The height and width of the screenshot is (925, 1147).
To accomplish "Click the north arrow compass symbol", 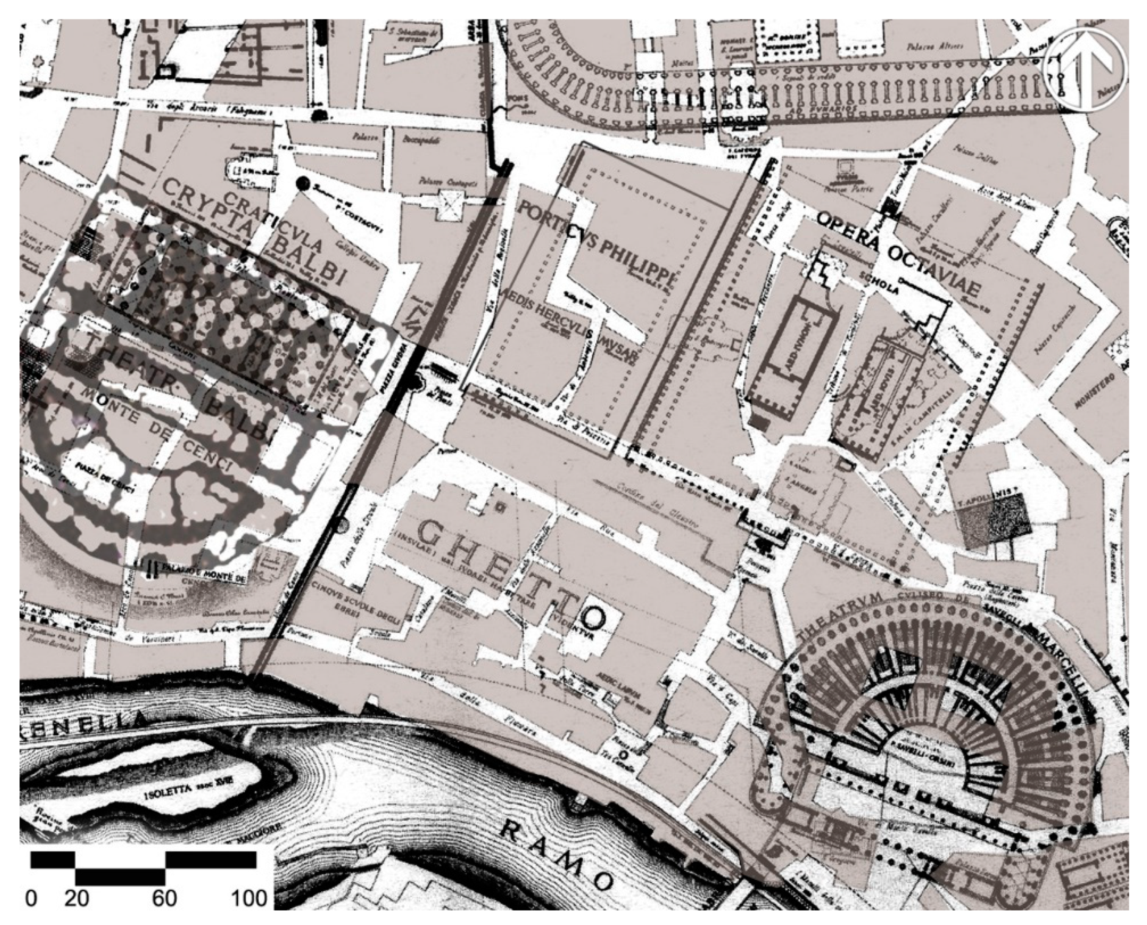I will tap(1085, 70).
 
